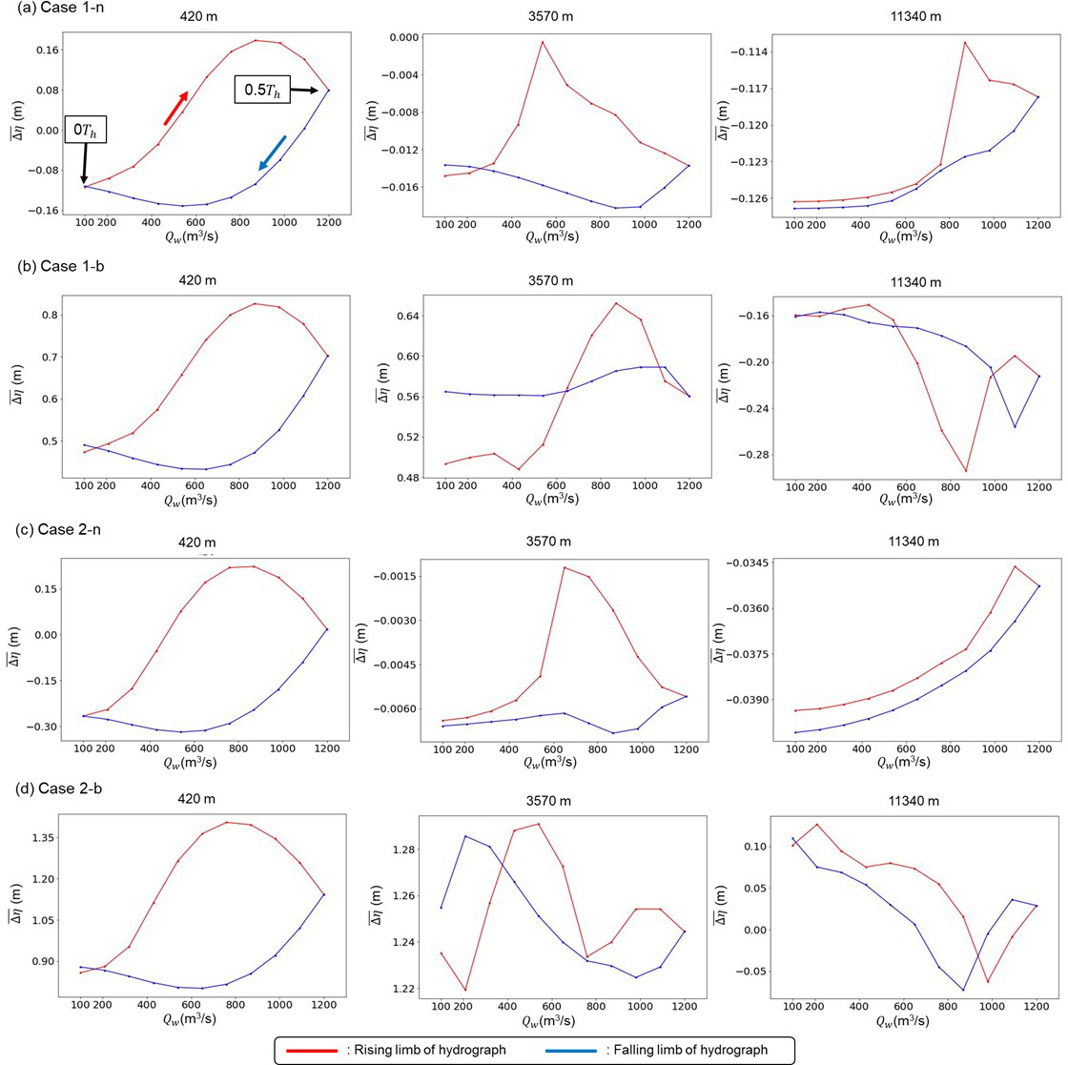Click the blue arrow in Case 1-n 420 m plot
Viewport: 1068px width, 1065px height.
pos(272,153)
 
